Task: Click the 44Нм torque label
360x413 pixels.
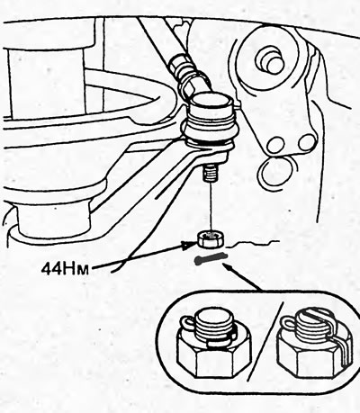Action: click(65, 269)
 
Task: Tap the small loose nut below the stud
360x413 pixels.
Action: click(209, 239)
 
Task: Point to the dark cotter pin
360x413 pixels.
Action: click(211, 259)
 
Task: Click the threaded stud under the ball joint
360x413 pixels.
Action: click(211, 174)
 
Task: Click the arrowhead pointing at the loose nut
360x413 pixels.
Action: click(189, 245)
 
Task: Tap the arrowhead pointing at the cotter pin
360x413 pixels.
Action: click(227, 266)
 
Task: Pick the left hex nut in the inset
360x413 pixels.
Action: click(214, 355)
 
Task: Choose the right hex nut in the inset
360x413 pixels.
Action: click(313, 353)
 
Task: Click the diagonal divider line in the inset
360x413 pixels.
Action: click(265, 341)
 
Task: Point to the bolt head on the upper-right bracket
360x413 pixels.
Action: click(268, 58)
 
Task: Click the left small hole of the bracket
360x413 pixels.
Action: click(275, 145)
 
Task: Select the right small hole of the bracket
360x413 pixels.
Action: click(306, 141)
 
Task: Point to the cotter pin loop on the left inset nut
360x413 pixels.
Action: click(186, 325)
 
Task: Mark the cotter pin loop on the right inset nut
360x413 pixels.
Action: click(287, 323)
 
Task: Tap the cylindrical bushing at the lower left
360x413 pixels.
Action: click(54, 219)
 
